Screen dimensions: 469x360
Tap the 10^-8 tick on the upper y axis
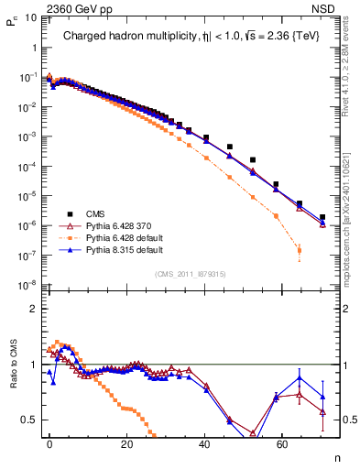point(27,285)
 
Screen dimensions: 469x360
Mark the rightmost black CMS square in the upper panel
point(322,217)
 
